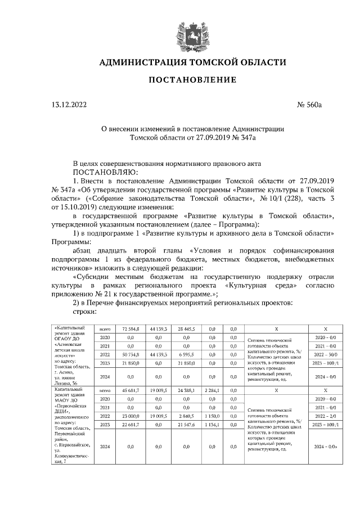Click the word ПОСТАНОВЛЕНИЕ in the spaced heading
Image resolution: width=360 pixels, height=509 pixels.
coord(192,80)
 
